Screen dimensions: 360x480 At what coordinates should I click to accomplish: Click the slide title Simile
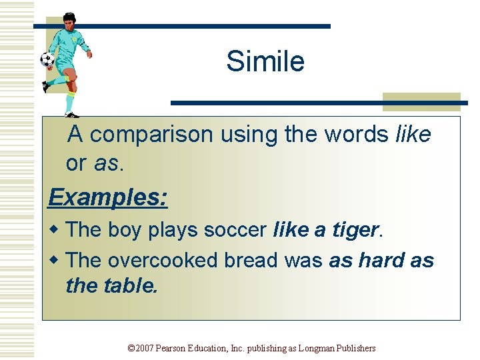[265, 62]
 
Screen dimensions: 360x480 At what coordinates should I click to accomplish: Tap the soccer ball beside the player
[47, 60]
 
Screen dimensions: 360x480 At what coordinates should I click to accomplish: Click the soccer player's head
[70, 20]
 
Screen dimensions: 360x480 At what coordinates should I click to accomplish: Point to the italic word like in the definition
[413, 135]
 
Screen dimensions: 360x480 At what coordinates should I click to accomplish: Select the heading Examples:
[108, 197]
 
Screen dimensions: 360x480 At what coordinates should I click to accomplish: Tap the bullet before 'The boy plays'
[56, 230]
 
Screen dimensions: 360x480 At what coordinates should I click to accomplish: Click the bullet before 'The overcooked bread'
[56, 261]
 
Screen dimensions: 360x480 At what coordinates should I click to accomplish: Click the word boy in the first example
[121, 230]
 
